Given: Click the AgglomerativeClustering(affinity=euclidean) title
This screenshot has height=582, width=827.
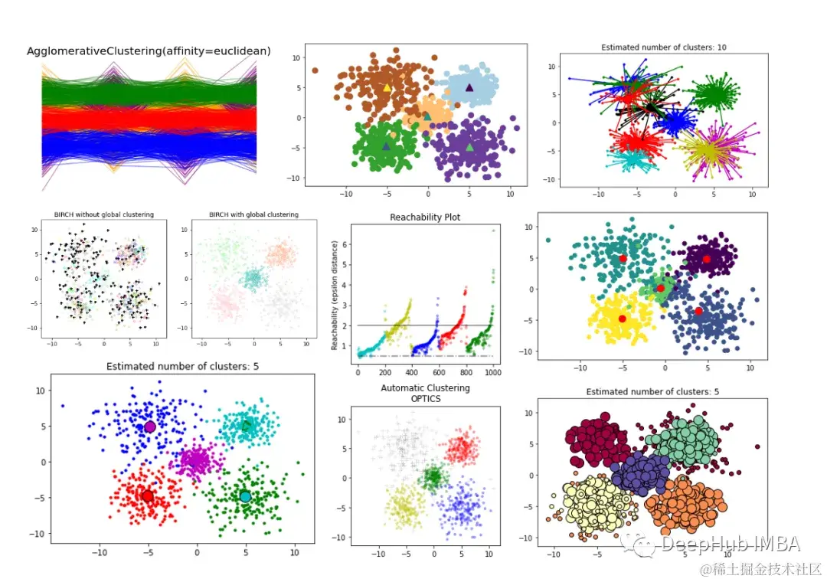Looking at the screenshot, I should pos(149,51).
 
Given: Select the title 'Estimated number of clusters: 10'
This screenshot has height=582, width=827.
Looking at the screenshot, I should pos(663,47).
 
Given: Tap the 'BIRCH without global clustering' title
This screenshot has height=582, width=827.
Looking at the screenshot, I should pos(103,214).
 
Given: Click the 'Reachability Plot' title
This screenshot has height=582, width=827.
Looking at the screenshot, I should pos(425,217).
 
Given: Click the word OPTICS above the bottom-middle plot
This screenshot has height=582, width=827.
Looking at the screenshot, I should pos(425,398).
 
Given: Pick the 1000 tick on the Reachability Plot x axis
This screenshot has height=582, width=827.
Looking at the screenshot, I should pos(492,372).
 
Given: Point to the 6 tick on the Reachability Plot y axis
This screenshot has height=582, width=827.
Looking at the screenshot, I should pos(345,244).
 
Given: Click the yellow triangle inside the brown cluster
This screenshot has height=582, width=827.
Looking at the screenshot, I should pos(387,88).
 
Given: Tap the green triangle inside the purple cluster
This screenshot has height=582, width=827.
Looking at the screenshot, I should pos(469,147).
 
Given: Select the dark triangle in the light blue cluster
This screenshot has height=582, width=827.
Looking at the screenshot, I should pos(469,87).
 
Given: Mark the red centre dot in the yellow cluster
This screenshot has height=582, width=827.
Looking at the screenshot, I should pos(623,319).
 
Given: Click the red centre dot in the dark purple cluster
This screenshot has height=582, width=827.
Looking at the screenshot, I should pos(706,259).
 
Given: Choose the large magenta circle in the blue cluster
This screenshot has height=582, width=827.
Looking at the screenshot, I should pos(150,427).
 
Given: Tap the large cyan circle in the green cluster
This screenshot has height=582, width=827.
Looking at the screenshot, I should pos(245,496).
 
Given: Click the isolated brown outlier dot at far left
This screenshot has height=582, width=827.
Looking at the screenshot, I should pos(315,70).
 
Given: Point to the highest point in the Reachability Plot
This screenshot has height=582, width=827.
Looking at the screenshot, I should pos(493,231).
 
